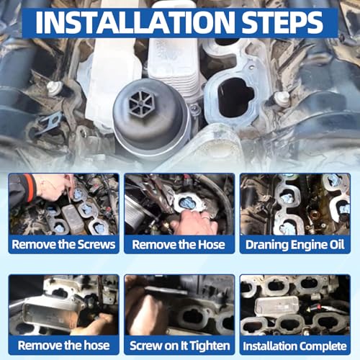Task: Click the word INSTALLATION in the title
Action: pyautogui.click(x=135, y=22)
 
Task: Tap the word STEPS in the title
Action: pyautogui.click(x=282, y=22)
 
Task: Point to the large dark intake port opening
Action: pyautogui.click(x=235, y=97)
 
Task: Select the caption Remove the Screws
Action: pyautogui.click(x=63, y=245)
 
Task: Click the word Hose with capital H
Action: pyautogui.click(x=212, y=245)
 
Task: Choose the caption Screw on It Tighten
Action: pyautogui.click(x=179, y=346)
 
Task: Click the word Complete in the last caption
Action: pyautogui.click(x=323, y=346)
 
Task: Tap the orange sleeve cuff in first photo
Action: pyautogui.click(x=30, y=188)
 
